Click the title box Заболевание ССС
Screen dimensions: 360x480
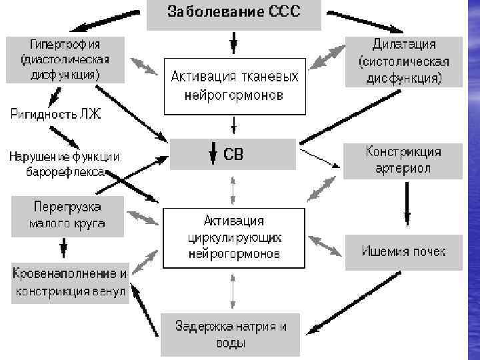[233, 13]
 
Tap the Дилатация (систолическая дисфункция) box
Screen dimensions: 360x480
[403, 61]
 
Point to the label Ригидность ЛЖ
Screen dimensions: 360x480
[55, 115]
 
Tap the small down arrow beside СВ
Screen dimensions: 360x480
[213, 155]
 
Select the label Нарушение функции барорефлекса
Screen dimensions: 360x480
[64, 165]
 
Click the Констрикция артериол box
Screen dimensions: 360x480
[403, 160]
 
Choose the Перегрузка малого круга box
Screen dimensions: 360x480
[66, 215]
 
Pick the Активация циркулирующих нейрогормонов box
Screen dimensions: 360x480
[233, 238]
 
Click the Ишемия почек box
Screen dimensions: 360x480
[403, 251]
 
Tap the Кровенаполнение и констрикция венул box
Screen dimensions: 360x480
[69, 283]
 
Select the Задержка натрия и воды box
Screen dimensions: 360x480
[230, 335]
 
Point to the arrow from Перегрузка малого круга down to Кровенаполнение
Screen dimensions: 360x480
[63, 248]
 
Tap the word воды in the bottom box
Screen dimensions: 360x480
[230, 344]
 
